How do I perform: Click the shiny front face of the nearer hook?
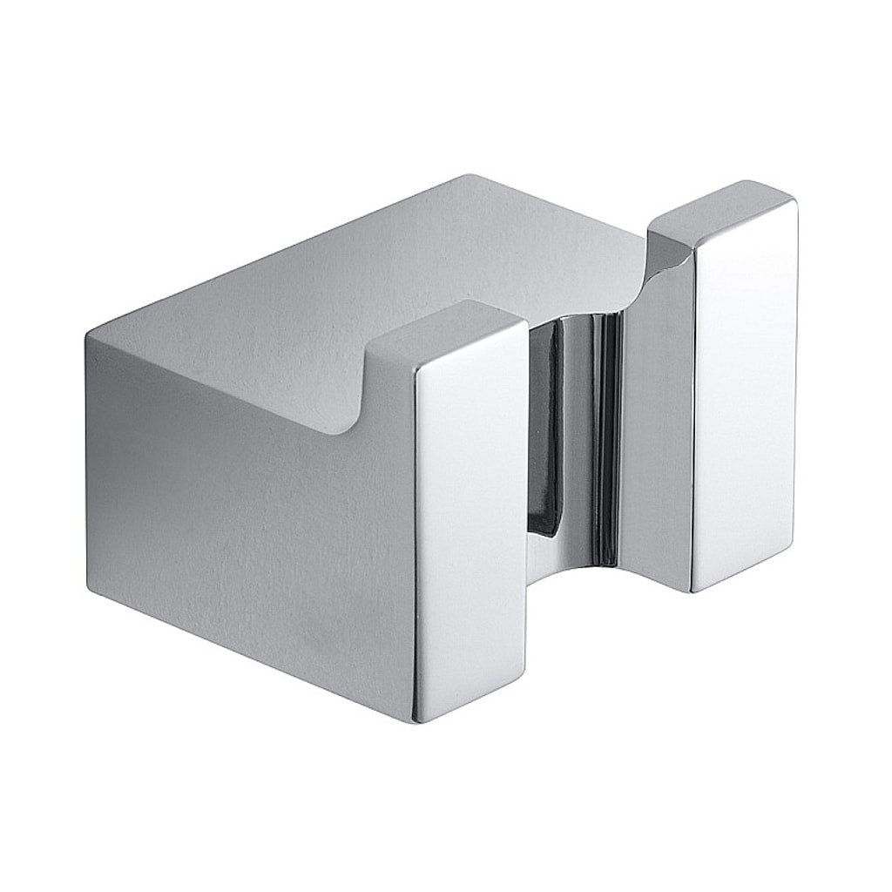(x=470, y=523)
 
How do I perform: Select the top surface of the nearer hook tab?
(x=444, y=331)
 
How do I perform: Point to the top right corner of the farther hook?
(x=794, y=202)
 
